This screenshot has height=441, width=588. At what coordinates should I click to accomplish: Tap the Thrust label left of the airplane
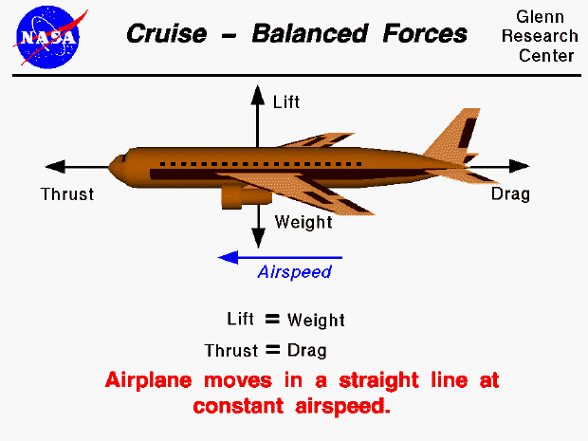click(67, 194)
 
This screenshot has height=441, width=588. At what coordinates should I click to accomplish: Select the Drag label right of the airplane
click(510, 194)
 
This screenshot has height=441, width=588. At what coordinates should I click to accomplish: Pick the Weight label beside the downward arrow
click(303, 223)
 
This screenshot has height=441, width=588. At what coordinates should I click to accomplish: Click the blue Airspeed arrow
click(280, 256)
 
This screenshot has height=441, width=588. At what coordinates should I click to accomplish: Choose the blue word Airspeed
click(294, 273)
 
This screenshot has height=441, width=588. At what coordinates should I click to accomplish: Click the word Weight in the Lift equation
click(316, 321)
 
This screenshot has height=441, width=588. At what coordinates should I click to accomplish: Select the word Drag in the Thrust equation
click(306, 350)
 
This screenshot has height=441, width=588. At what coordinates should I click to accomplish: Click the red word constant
click(240, 408)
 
